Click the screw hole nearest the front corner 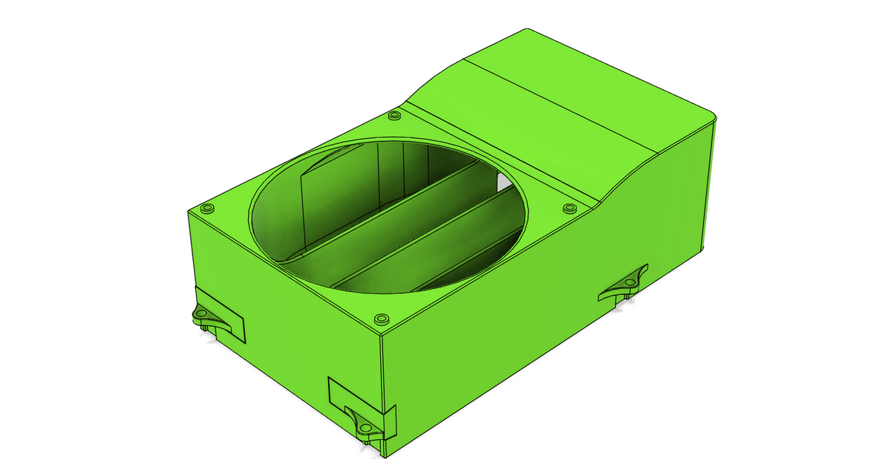click(x=382, y=319)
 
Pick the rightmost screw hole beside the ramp click(x=569, y=208)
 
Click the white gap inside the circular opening click(x=505, y=180)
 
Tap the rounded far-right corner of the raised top click(x=711, y=115)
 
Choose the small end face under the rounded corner click(x=709, y=186)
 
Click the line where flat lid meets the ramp click(x=505, y=156)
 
